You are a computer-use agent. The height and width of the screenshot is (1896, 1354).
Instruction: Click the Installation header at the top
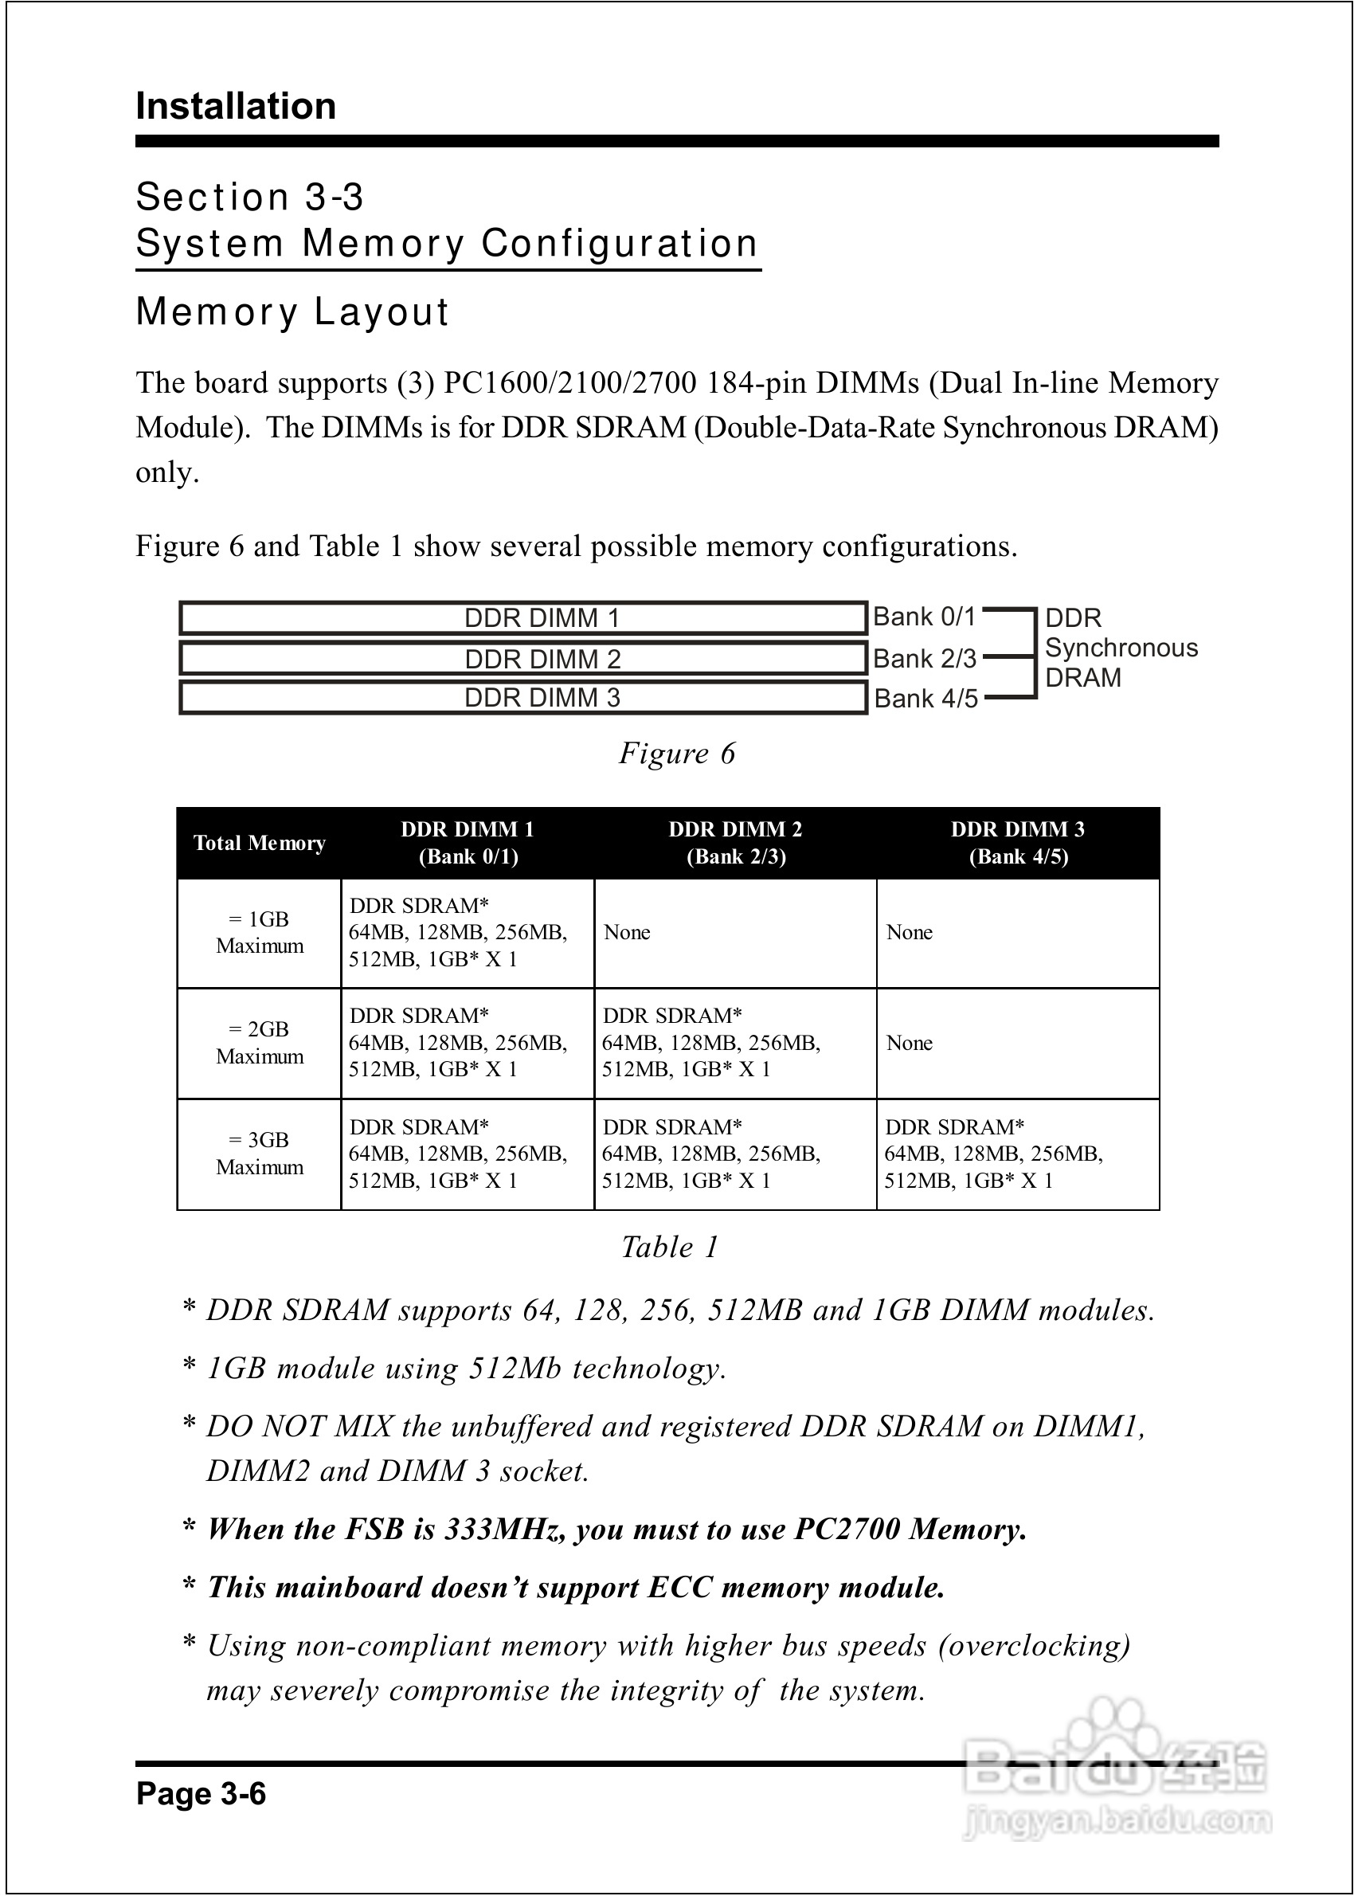coord(236,107)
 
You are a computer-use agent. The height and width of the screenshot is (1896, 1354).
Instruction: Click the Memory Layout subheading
coord(292,311)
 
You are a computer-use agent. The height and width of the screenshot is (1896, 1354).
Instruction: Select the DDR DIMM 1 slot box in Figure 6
coord(522,618)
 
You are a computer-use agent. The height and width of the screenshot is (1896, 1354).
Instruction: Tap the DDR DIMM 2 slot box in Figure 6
coord(522,659)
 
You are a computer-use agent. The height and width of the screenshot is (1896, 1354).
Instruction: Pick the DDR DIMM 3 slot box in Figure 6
coord(522,698)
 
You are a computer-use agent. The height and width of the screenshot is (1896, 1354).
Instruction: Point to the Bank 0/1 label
coord(924,617)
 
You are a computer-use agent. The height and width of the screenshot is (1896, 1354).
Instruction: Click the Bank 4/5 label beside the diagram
coord(925,698)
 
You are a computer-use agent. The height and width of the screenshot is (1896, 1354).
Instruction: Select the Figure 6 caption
coord(677,753)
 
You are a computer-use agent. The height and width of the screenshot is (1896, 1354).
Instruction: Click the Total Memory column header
coord(260,843)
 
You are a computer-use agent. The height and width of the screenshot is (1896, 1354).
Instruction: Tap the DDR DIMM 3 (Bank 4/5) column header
coord(1018,843)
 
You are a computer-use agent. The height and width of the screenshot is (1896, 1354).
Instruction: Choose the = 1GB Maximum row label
coord(260,932)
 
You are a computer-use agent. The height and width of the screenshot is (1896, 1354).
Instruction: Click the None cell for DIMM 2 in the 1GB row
coord(627,932)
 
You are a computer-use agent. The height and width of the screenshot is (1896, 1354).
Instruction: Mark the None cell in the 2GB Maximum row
coord(909,1043)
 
